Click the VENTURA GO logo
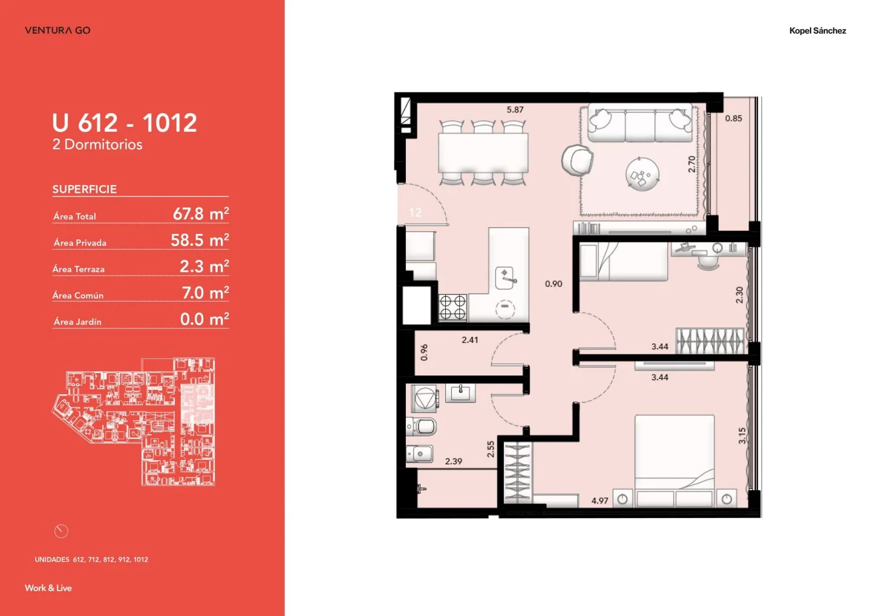click(x=57, y=30)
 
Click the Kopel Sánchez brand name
click(x=817, y=31)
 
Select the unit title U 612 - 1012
click(x=125, y=123)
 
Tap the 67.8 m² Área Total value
click(x=201, y=214)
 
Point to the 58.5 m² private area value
click(x=200, y=240)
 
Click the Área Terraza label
click(x=79, y=269)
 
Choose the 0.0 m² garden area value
click(x=204, y=319)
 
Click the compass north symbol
click(x=61, y=531)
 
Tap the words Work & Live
click(x=48, y=588)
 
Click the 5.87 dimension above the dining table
click(x=515, y=109)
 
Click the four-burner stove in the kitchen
click(x=453, y=308)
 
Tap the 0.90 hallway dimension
click(x=553, y=284)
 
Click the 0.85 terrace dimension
click(x=733, y=118)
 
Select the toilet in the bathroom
click(x=422, y=426)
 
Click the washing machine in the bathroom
click(x=425, y=399)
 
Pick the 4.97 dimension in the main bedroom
click(x=599, y=501)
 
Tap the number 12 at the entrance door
click(x=416, y=213)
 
